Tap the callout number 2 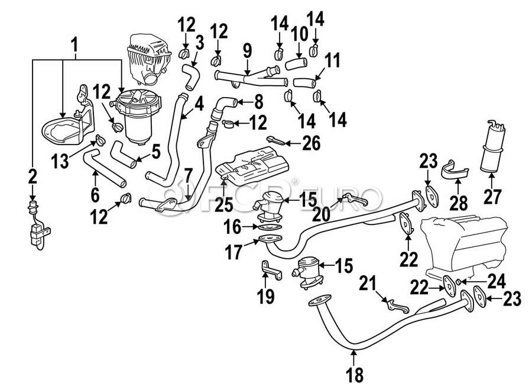(x=32, y=176)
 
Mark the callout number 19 (x=268, y=294)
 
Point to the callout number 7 (x=189, y=176)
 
